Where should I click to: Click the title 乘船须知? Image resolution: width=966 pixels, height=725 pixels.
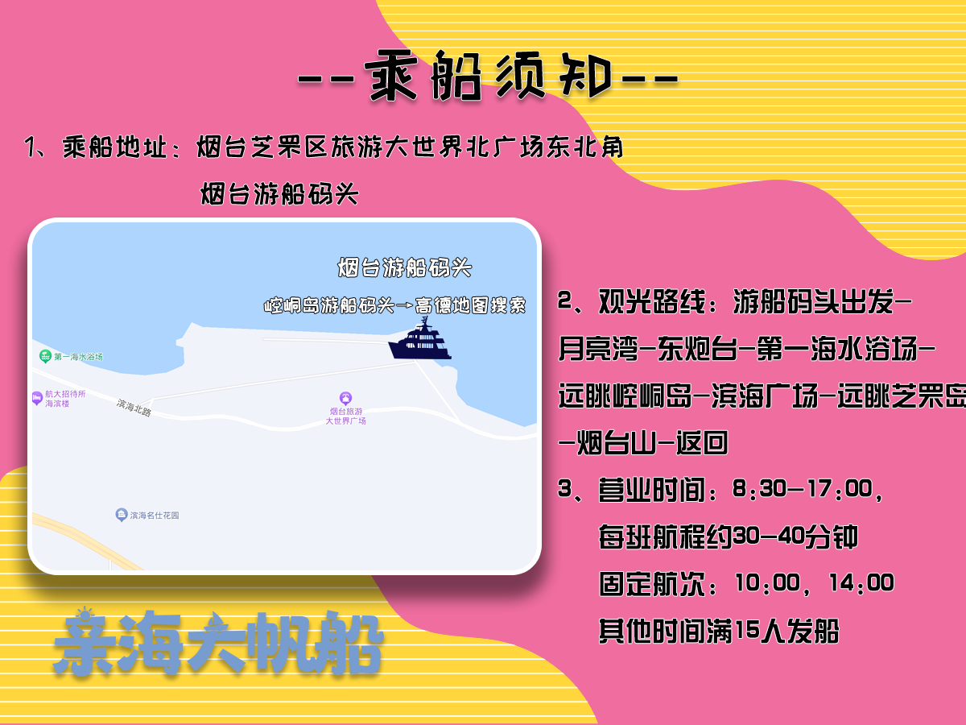(x=489, y=76)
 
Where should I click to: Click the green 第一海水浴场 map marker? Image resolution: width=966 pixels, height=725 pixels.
(x=45, y=356)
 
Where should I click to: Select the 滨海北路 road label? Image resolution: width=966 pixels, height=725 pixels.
(x=134, y=408)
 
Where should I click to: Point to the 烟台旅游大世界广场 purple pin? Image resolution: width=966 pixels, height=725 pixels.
(x=346, y=399)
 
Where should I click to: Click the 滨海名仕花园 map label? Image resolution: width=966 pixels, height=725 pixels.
(x=154, y=515)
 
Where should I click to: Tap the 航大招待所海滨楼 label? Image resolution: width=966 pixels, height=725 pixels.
(x=65, y=399)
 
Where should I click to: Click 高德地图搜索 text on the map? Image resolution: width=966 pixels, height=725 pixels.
(x=470, y=305)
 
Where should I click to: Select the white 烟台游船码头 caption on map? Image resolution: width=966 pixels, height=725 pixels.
(x=404, y=267)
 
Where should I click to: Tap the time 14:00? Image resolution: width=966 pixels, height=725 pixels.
(x=861, y=582)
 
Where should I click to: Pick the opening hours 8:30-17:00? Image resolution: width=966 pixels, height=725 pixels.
(x=803, y=489)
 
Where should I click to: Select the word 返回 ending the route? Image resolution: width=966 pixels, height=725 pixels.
(x=702, y=443)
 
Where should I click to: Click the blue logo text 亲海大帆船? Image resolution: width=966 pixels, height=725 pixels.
(x=218, y=644)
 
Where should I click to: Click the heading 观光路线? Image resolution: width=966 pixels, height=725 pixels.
(x=652, y=301)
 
